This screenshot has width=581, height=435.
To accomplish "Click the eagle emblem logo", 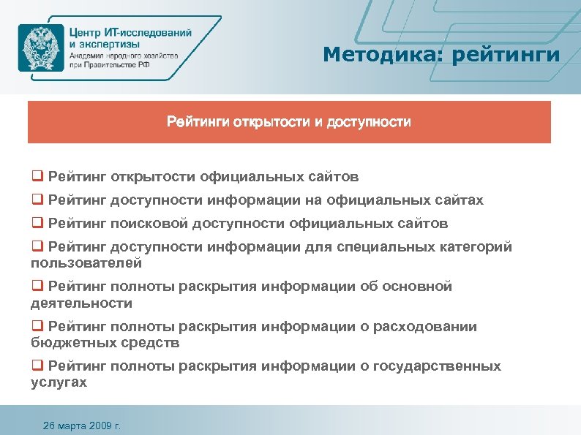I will [x=40, y=47].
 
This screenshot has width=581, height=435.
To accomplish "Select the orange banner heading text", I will [x=289, y=121].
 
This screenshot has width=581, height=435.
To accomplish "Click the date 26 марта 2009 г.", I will [x=82, y=425].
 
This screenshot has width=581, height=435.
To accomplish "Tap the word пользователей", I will [x=86, y=262].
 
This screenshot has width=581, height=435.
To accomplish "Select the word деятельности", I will [x=80, y=302].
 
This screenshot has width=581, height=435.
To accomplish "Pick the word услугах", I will [x=59, y=382].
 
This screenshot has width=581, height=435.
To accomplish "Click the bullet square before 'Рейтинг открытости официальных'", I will [x=36, y=176].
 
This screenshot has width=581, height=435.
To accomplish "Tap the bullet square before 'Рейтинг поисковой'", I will [x=36, y=223].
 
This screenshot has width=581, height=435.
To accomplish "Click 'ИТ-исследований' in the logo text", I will [x=150, y=32].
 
